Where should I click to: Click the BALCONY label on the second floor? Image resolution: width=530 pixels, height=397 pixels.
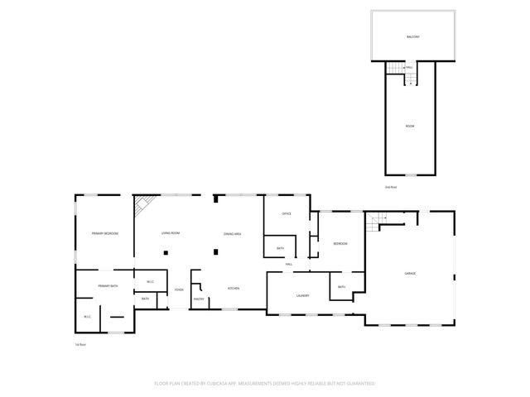[x=412, y=37]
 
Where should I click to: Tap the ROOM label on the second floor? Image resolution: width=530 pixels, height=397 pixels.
[x=409, y=126]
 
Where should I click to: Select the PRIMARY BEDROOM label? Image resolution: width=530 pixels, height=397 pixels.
[x=104, y=234]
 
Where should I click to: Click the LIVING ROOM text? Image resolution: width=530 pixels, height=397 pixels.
[x=171, y=234]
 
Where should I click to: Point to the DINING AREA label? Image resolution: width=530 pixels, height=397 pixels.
[x=232, y=234]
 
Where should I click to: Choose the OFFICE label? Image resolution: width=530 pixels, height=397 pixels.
[x=287, y=214]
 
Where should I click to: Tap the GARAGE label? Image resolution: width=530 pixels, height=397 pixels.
[x=409, y=274]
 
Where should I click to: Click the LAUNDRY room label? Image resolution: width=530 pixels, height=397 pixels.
[x=302, y=295]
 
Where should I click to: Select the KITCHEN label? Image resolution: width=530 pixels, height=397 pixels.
[x=234, y=289]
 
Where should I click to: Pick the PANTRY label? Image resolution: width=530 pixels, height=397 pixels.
[x=199, y=299]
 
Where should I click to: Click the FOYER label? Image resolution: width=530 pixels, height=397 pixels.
[x=179, y=289]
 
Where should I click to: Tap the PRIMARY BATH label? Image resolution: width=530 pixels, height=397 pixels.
[x=108, y=286]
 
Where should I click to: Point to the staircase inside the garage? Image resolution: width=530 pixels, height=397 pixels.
[x=379, y=221]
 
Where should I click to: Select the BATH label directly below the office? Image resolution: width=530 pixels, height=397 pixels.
[x=281, y=249]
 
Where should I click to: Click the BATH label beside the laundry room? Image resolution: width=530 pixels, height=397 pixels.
[x=341, y=288]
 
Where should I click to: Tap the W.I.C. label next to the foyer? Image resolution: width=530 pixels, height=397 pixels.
[x=150, y=281]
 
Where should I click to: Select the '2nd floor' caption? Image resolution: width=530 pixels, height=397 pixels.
[x=392, y=187]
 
